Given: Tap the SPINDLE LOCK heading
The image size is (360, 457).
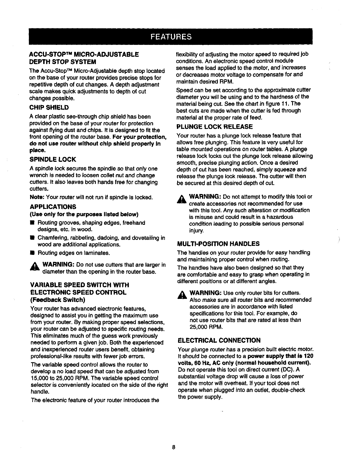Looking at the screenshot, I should click(x=53, y=160).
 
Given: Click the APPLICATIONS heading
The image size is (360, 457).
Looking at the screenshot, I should click(x=53, y=207).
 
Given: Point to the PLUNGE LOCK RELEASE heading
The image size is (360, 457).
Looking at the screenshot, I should click(x=214, y=127).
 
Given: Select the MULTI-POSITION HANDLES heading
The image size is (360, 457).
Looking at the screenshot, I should click(x=218, y=244).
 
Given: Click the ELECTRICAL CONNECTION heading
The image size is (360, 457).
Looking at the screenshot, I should click(x=219, y=340).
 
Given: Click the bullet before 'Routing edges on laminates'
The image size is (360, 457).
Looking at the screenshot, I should click(x=32, y=253).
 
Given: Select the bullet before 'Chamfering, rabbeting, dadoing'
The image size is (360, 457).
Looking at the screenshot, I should click(x=32, y=238).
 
